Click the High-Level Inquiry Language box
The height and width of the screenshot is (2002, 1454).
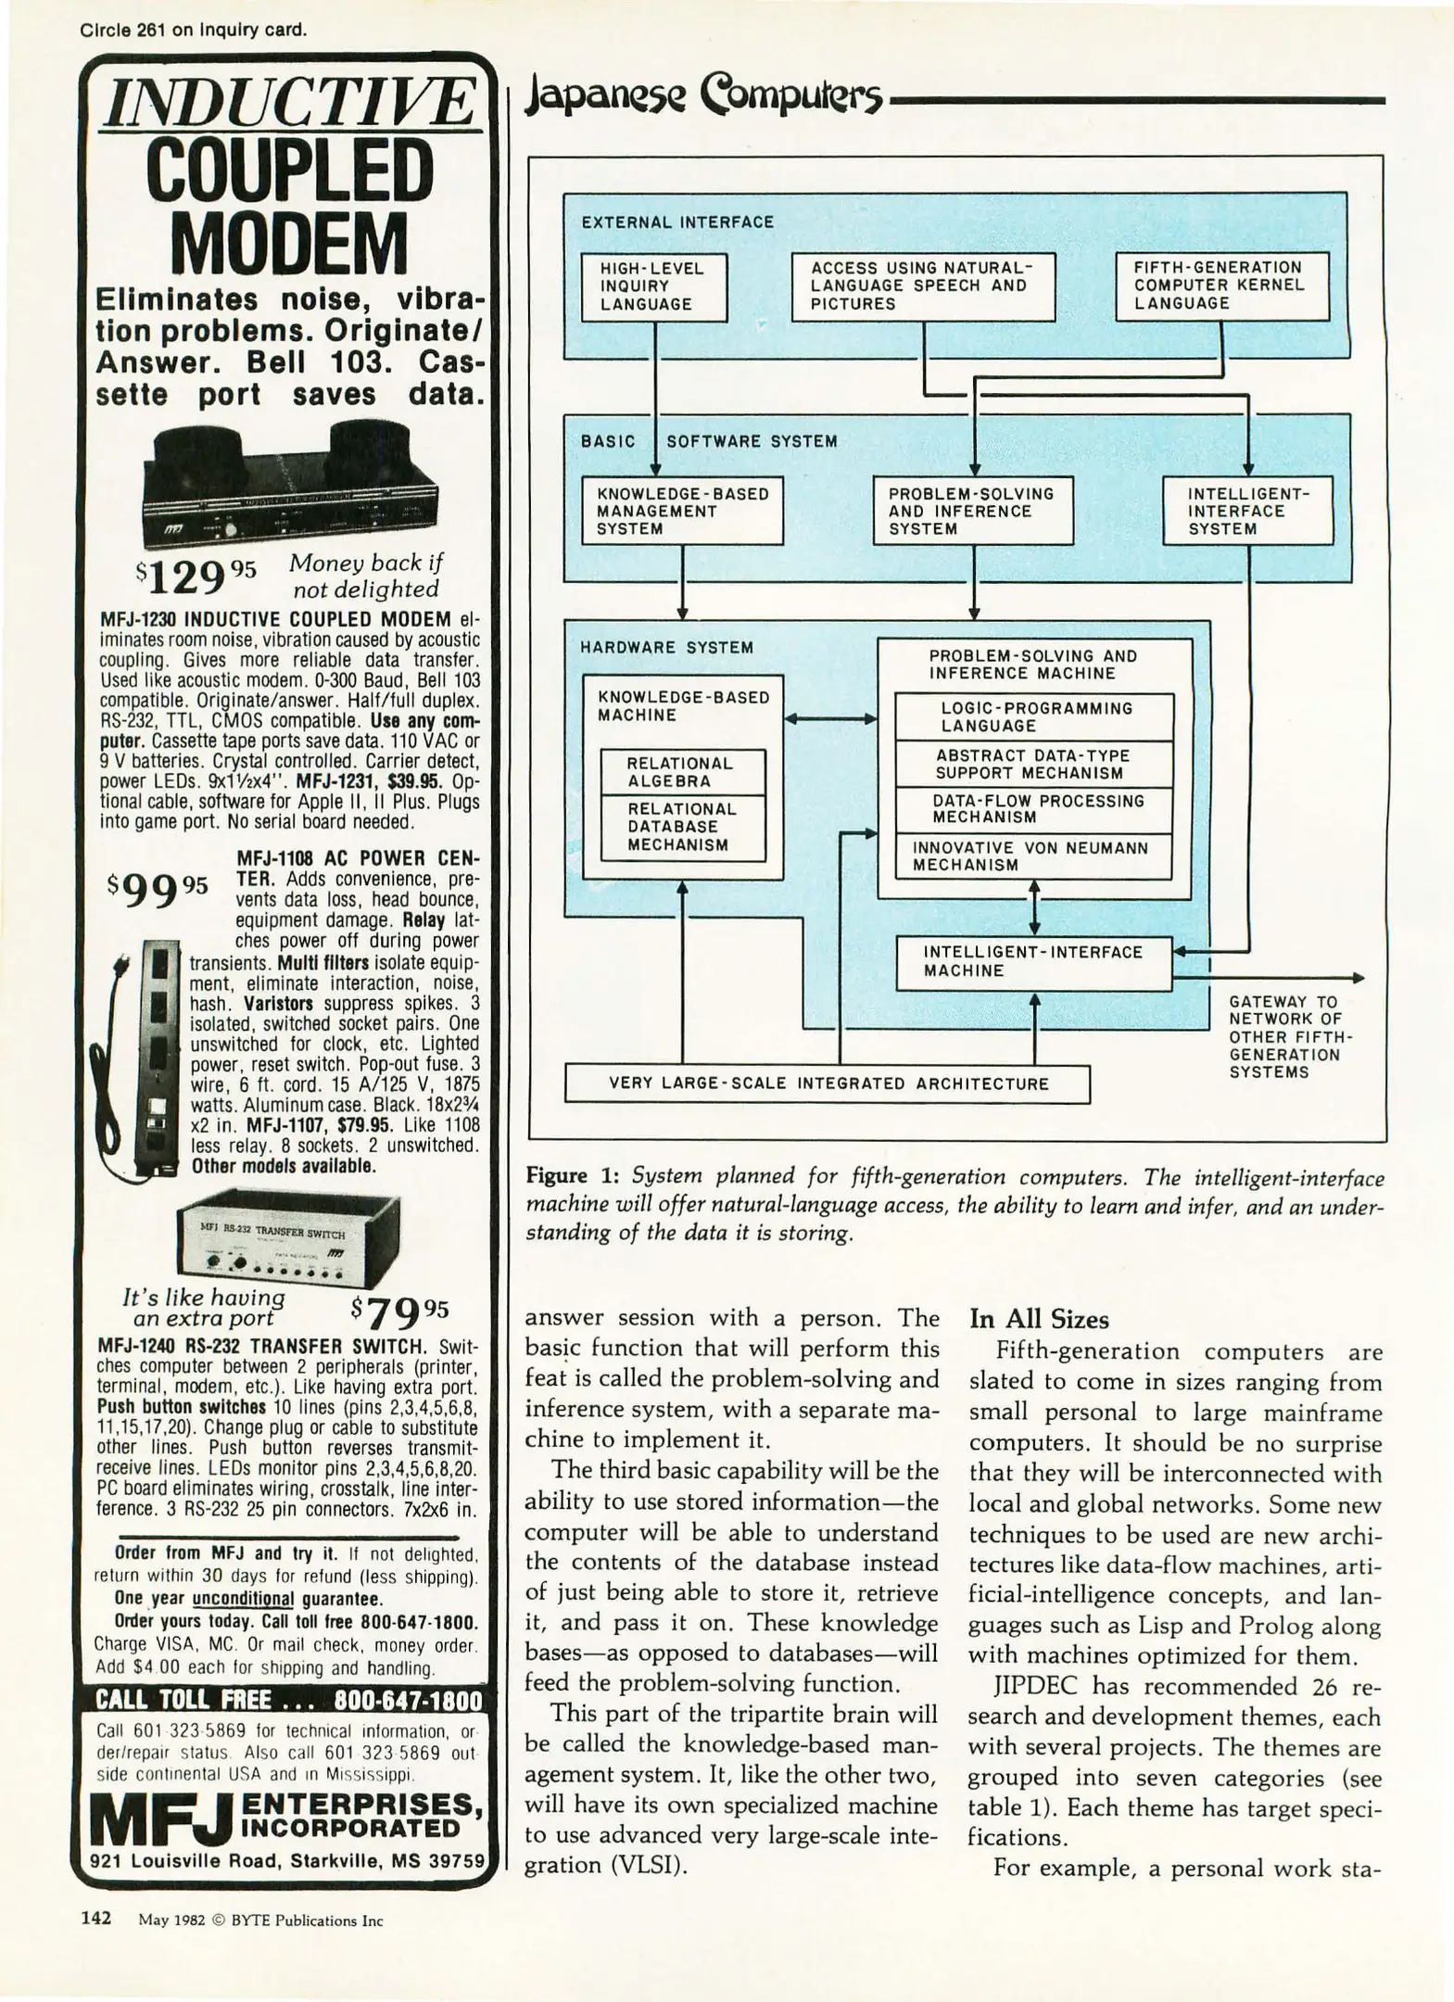tap(653, 286)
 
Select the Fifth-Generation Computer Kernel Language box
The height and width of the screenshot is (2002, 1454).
tap(1221, 285)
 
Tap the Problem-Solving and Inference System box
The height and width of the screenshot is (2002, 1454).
tap(973, 511)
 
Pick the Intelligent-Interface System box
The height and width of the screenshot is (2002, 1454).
tap(1247, 511)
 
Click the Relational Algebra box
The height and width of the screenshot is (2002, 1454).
tap(683, 772)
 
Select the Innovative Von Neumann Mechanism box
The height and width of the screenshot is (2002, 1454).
tap(1032, 856)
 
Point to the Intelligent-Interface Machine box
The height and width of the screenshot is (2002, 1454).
tap(1033, 962)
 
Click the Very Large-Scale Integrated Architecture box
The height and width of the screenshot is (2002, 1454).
tap(827, 1083)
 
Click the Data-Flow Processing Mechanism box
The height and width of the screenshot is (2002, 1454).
tap(1032, 809)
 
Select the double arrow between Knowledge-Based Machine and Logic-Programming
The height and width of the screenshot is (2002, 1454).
tap(830, 718)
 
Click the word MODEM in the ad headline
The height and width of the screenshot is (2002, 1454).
tap(290, 243)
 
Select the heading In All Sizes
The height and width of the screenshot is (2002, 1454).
tap(1039, 1319)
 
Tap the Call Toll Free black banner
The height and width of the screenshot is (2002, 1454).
tap(289, 1701)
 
